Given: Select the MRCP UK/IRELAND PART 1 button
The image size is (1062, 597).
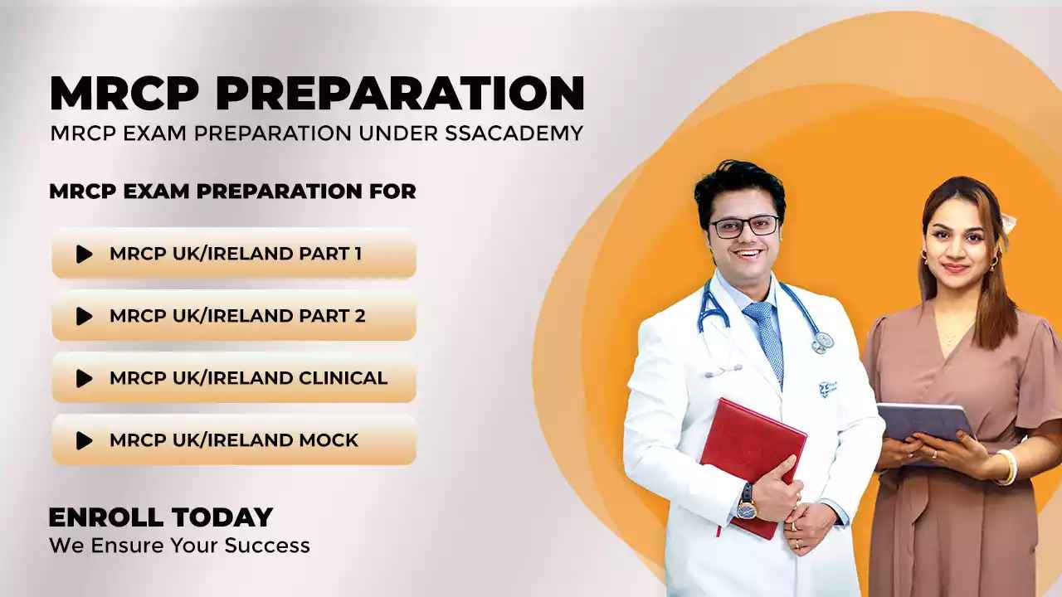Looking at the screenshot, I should pyautogui.click(x=234, y=254).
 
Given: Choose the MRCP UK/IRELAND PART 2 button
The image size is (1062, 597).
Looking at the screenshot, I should pyautogui.click(x=234, y=316).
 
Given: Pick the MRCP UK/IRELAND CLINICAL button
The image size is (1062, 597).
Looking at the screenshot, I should pyautogui.click(x=234, y=378).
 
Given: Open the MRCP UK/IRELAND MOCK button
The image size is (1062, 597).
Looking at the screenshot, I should pyautogui.click(x=234, y=440).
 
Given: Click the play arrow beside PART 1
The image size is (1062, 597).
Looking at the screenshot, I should pyautogui.click(x=84, y=254).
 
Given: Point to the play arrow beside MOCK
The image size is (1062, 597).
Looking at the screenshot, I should pyautogui.click(x=84, y=440).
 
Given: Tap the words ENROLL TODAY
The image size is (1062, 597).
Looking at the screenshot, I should pyautogui.click(x=161, y=517).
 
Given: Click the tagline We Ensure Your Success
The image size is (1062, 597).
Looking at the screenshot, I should pyautogui.click(x=179, y=546).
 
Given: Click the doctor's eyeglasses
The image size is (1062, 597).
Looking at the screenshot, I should pyautogui.click(x=744, y=226).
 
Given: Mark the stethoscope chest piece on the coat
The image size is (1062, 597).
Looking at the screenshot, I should pyautogui.click(x=822, y=341).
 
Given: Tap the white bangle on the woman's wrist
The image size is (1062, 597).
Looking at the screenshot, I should pyautogui.click(x=1009, y=467).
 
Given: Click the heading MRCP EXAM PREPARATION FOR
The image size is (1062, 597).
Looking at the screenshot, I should pyautogui.click(x=232, y=192).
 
